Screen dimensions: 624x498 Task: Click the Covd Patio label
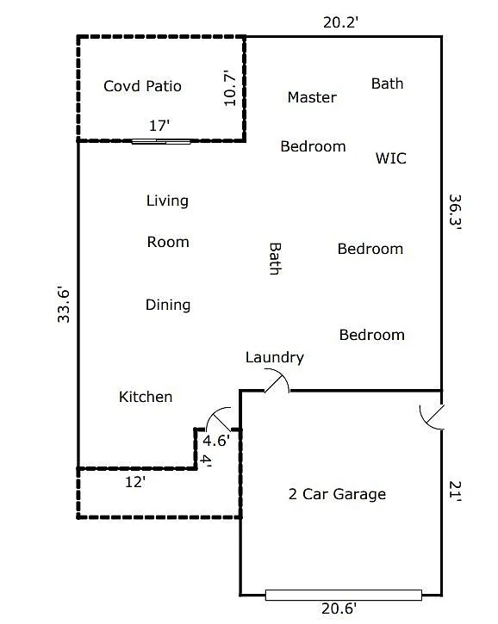click(142, 86)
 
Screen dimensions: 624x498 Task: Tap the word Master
click(312, 97)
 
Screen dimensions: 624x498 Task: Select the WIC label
click(391, 158)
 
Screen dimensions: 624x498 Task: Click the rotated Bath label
click(275, 258)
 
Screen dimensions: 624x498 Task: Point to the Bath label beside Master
click(387, 83)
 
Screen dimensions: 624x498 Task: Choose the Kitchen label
click(146, 397)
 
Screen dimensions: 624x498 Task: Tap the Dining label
click(168, 305)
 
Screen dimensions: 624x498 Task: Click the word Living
click(167, 201)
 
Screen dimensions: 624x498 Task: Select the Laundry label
click(275, 357)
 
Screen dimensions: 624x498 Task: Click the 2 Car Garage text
click(337, 494)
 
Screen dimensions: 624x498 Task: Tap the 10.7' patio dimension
click(229, 88)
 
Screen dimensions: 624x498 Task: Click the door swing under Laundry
click(277, 380)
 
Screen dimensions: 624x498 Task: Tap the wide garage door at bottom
click(343, 595)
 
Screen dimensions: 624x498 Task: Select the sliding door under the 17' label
click(161, 141)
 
